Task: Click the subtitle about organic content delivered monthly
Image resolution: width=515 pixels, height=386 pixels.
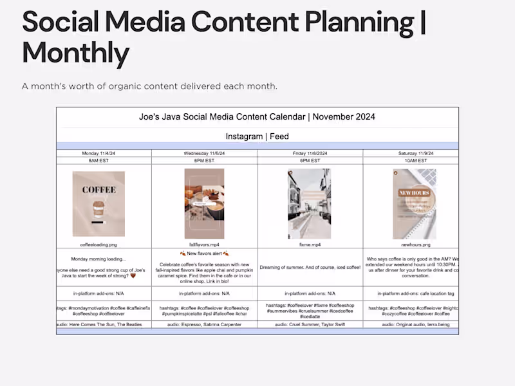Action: [149, 86]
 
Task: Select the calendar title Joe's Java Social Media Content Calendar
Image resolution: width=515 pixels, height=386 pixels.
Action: [257, 116]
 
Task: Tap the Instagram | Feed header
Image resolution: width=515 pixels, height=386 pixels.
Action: [257, 136]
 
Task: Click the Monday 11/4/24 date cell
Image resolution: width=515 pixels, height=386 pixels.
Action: [104, 153]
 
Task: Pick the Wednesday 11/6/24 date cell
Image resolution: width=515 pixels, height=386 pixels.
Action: [204, 153]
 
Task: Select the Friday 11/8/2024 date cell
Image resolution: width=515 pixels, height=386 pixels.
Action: [310, 153]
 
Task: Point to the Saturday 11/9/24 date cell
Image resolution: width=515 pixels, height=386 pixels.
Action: [410, 153]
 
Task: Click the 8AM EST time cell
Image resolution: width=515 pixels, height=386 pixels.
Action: [104, 161]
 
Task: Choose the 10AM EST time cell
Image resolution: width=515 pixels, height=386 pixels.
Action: [410, 161]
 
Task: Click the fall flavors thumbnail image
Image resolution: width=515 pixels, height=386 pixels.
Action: [204, 203]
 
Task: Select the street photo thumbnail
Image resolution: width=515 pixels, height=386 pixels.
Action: [310, 203]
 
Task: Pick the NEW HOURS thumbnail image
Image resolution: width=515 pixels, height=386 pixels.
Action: [414, 203]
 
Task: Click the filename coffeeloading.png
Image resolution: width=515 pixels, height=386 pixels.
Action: [98, 244]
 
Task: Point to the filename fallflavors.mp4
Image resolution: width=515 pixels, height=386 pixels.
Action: [204, 244]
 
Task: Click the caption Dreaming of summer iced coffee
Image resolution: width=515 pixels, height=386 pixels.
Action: [310, 267]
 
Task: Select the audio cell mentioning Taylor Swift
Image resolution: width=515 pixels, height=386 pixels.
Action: [310, 325]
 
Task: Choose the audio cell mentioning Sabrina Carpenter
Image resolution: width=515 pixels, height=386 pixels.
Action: [204, 325]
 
